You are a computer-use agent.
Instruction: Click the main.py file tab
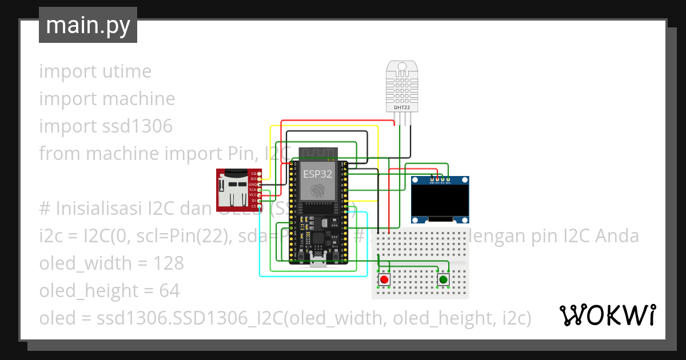point(87,26)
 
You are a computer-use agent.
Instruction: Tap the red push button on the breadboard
point(384,279)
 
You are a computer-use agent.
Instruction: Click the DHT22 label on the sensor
point(402,107)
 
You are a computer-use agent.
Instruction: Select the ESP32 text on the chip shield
point(317,174)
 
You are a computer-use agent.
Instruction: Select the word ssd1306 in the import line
point(139,126)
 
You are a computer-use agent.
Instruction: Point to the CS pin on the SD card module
point(254,206)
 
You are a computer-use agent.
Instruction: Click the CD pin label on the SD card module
point(254,173)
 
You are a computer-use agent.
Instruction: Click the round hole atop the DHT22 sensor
point(402,67)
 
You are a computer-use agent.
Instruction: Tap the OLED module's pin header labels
point(440,183)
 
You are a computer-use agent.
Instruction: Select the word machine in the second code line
point(138,99)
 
